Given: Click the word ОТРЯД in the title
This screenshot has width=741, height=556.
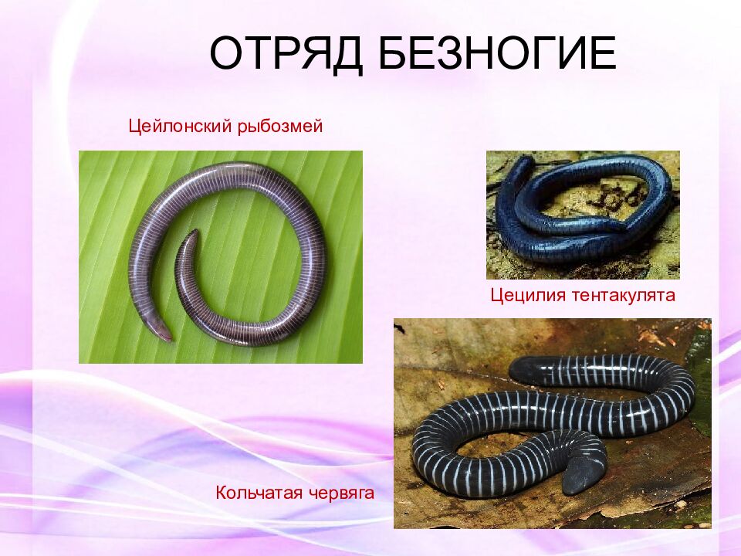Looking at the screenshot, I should [285, 54].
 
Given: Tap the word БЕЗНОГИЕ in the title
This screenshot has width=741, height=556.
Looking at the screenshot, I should [497, 54].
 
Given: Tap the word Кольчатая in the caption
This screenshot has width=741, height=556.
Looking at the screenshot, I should [259, 492].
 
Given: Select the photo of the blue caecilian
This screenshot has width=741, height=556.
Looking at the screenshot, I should [583, 215].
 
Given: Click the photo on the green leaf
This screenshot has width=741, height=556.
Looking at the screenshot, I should [220, 256].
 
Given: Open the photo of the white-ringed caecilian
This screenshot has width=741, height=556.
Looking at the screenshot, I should [552, 423].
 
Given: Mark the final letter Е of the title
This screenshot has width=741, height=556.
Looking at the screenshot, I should [603, 54].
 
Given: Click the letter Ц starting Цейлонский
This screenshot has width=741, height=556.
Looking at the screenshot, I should [134, 126].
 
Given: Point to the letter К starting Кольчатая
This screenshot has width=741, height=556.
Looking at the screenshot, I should [221, 492].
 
